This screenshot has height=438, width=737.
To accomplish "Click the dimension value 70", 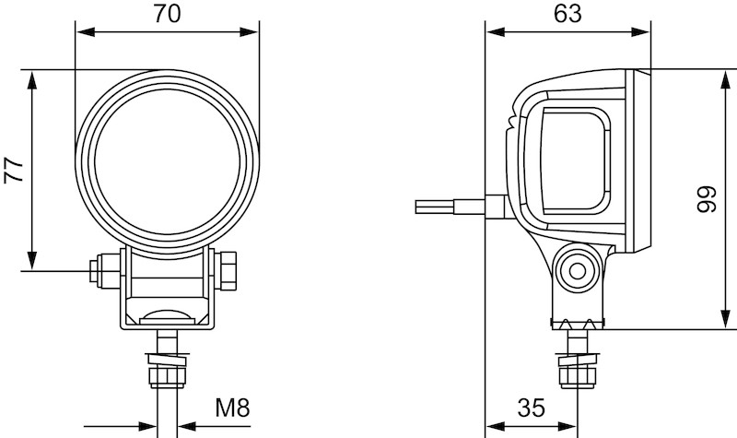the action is (x=167, y=14).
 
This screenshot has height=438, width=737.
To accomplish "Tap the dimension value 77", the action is (x=14, y=171).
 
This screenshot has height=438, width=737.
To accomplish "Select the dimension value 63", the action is (x=567, y=14).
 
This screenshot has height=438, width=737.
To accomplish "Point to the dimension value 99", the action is (x=707, y=199).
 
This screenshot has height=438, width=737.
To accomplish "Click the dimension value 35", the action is (x=532, y=408).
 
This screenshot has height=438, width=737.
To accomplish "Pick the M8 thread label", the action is (x=232, y=408).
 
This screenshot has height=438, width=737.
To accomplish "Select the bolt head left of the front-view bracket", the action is (x=104, y=270).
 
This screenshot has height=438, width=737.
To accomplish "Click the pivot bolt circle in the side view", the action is (x=578, y=271).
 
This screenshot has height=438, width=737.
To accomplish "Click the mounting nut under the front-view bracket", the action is (x=168, y=376).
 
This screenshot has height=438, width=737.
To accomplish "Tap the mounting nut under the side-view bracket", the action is (x=579, y=377).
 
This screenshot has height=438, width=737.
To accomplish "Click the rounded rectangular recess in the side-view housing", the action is (x=577, y=160).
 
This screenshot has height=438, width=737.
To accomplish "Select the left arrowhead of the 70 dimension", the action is (x=86, y=32).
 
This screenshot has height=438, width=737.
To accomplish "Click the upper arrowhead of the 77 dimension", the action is (x=32, y=80).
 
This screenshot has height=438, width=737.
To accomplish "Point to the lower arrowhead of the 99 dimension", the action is (x=726, y=318).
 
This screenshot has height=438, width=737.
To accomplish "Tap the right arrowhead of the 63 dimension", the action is (x=640, y=32).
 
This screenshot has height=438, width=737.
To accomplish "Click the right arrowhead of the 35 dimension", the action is (x=567, y=427).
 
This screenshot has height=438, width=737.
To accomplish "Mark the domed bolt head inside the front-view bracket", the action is (x=168, y=317).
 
